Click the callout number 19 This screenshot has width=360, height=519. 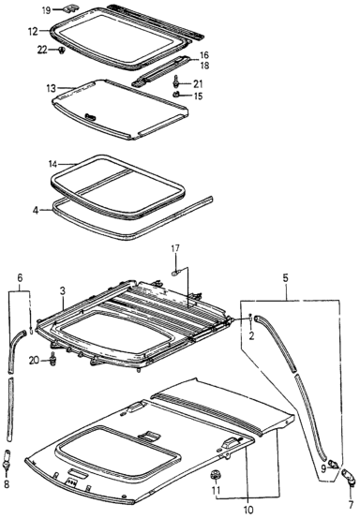(x=46, y=10)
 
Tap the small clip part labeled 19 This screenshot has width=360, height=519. (x=71, y=7)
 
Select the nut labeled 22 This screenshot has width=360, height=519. (x=61, y=51)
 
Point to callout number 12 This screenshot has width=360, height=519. (x=33, y=32)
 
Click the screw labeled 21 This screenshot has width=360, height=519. (x=176, y=81)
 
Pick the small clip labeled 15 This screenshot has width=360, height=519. (x=176, y=95)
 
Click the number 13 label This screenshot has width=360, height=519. (x=51, y=88)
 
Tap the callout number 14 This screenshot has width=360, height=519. (x=52, y=164)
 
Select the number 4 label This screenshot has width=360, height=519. (x=35, y=210)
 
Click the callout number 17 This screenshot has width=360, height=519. (x=175, y=248)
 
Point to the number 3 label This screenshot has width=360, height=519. (x=63, y=290)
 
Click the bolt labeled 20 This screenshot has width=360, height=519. (x=52, y=359)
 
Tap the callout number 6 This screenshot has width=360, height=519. (x=20, y=278)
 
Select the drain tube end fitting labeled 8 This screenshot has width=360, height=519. (x=7, y=460)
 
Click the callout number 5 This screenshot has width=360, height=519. (x=286, y=278)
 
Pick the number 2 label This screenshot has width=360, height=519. (x=251, y=336)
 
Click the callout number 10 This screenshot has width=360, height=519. (x=248, y=509)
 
